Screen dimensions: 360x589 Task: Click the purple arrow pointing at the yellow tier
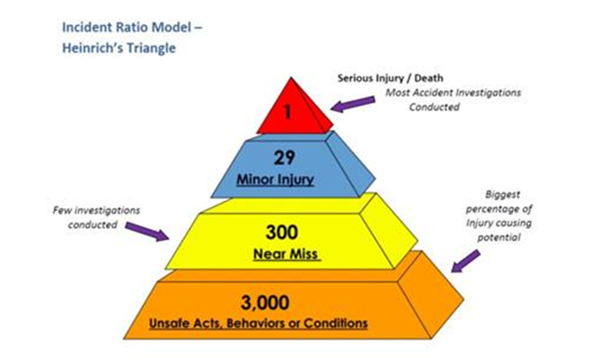coord(146,232)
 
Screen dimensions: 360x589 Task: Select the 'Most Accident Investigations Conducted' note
coord(453,100)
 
